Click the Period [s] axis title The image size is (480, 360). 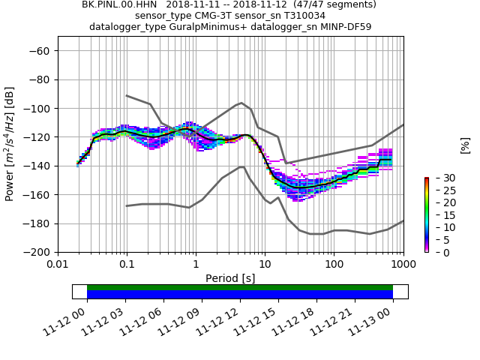point(230,278)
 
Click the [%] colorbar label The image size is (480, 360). point(465,145)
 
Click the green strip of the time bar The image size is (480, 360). point(240,287)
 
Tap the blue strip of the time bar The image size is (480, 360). point(240,295)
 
